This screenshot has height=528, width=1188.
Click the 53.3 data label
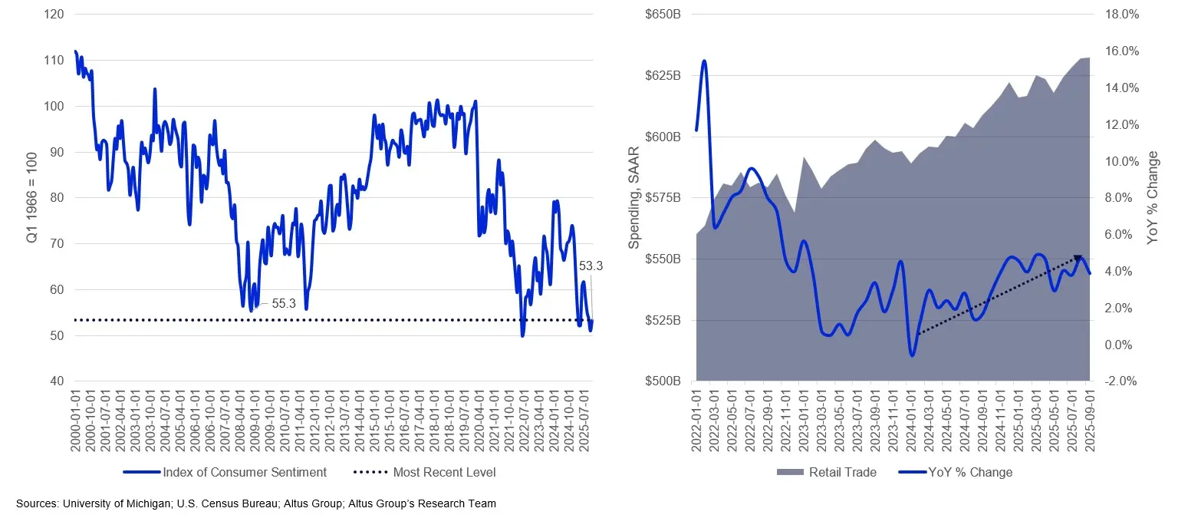coord(591,266)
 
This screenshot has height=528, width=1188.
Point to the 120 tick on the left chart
coord(54,15)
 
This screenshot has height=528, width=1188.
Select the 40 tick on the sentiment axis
coord(57,381)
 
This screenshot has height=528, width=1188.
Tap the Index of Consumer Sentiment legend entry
coord(244,472)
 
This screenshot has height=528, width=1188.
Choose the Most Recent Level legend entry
coord(444,472)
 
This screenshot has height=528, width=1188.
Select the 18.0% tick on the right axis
coord(1121,15)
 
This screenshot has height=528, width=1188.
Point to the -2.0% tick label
coord(1121,381)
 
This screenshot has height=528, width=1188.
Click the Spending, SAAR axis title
coord(634,198)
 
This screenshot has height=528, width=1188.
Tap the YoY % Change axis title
coord(1153,198)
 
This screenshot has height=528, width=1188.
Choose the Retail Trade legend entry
coord(842,472)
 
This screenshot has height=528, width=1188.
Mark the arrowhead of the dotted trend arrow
coord(1078,259)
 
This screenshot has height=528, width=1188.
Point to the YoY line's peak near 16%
coord(704,61)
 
